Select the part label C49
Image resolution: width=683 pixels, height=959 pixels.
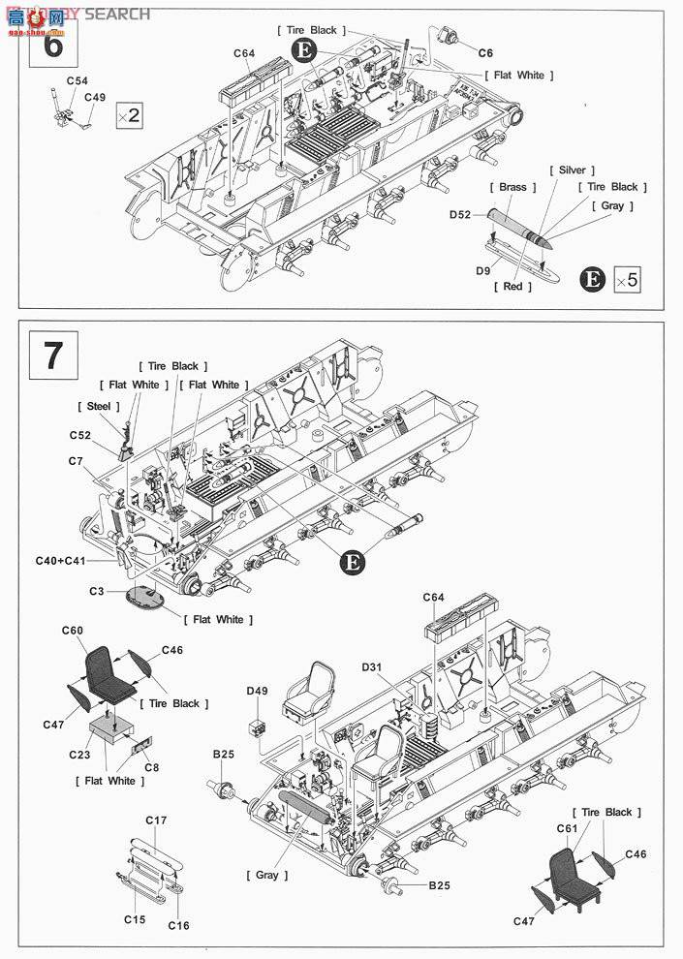[x=95, y=97]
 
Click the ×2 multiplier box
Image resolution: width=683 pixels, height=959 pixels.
[x=129, y=115]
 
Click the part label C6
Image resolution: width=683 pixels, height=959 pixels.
[x=485, y=51]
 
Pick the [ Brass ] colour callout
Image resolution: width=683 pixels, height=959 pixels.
[x=512, y=187]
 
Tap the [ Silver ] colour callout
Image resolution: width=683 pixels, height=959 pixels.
[x=572, y=170]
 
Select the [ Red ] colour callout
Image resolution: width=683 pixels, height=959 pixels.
[x=512, y=287]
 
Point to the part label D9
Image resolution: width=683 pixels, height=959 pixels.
[x=481, y=273]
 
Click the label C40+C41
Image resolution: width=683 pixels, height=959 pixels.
[x=60, y=561]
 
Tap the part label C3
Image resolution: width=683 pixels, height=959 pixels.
[x=97, y=591]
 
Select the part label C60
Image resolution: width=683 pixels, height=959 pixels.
[x=73, y=631]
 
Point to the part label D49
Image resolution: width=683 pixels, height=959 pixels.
[x=257, y=691]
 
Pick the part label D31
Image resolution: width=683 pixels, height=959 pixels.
[x=373, y=667]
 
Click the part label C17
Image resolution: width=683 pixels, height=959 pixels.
[x=156, y=820]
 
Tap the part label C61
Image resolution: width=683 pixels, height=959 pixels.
[x=567, y=828]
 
